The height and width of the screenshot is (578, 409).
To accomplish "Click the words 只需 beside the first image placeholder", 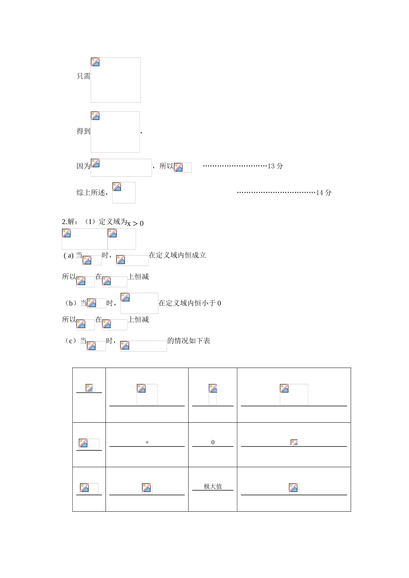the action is pos(84,76).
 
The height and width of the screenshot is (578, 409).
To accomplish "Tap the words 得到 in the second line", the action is pos(84,131).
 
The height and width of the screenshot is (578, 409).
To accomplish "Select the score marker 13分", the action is pos(276,166).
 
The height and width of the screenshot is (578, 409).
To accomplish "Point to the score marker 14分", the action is pos(324,193).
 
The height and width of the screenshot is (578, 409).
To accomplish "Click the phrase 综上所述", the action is pos(91,193).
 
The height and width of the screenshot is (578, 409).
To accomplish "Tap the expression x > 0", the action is pos(136,223).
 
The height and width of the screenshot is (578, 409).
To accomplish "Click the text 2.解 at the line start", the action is pos(69,222).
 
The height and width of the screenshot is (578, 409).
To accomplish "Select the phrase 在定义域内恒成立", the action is pos(177,255).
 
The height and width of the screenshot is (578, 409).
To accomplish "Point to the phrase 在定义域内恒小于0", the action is pos(190,303).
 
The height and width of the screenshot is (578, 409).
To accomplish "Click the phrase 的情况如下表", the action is pos(189,341).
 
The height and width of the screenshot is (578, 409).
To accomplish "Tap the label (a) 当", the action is pos(73,255).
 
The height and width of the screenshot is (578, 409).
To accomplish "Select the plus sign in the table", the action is pos(147,442).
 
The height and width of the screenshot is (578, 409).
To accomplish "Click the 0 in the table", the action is pos(213,442).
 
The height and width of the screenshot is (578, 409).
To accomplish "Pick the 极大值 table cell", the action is pos(213,486).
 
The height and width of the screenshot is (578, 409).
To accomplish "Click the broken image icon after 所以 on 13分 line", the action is pos(178,167).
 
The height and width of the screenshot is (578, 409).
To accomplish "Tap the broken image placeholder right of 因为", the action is pos(96,163).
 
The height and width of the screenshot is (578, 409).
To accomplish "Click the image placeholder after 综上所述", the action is pos(117,187).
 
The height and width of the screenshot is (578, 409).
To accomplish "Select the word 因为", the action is pos(84,166).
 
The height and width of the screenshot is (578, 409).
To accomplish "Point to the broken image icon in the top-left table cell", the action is pos(89,388).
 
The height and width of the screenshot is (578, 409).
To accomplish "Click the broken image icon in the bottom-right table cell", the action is pos(294,488).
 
